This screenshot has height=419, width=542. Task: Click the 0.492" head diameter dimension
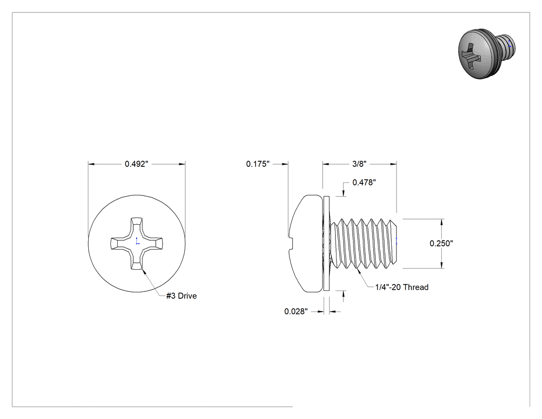tap(137, 164)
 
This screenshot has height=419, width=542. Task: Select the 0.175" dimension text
tap(258, 164)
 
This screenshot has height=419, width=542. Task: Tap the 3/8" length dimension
tap(359, 164)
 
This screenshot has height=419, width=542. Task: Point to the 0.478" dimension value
tap(364, 182)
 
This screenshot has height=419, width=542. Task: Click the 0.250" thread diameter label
tap(441, 243)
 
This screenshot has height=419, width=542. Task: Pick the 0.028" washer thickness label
tap(296, 312)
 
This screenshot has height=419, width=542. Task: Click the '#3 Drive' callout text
tap(182, 296)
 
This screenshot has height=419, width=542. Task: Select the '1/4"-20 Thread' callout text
tap(402, 287)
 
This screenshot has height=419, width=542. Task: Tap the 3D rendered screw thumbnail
tap(487, 54)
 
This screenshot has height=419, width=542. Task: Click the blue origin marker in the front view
tap(137, 241)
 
